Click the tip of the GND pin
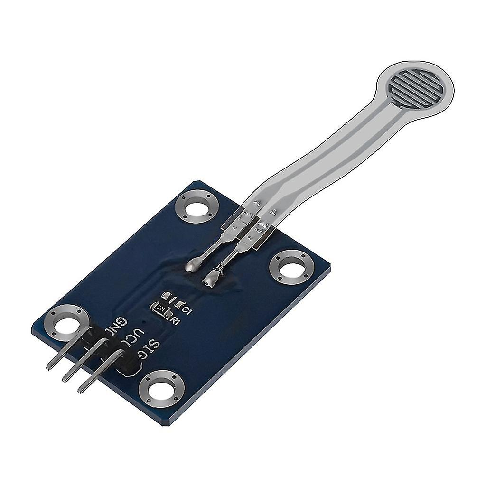pos(50,366)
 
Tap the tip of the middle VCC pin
pos(65,378)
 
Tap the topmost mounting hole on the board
pos(197,206)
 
